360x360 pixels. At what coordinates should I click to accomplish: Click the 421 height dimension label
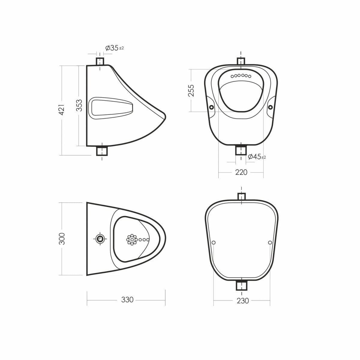click(x=62, y=110)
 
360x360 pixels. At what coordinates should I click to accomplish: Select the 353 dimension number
click(x=79, y=106)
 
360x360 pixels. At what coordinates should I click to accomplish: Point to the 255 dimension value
click(x=191, y=91)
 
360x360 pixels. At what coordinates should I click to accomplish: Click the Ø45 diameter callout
click(x=257, y=157)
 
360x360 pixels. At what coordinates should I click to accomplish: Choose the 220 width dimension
click(x=241, y=172)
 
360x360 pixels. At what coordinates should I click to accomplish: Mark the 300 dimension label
click(x=62, y=239)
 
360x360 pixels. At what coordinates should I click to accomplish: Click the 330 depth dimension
click(x=127, y=300)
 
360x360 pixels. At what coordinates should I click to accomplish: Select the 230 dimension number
click(x=243, y=301)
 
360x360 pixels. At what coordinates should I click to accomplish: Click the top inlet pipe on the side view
click(x=100, y=61)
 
